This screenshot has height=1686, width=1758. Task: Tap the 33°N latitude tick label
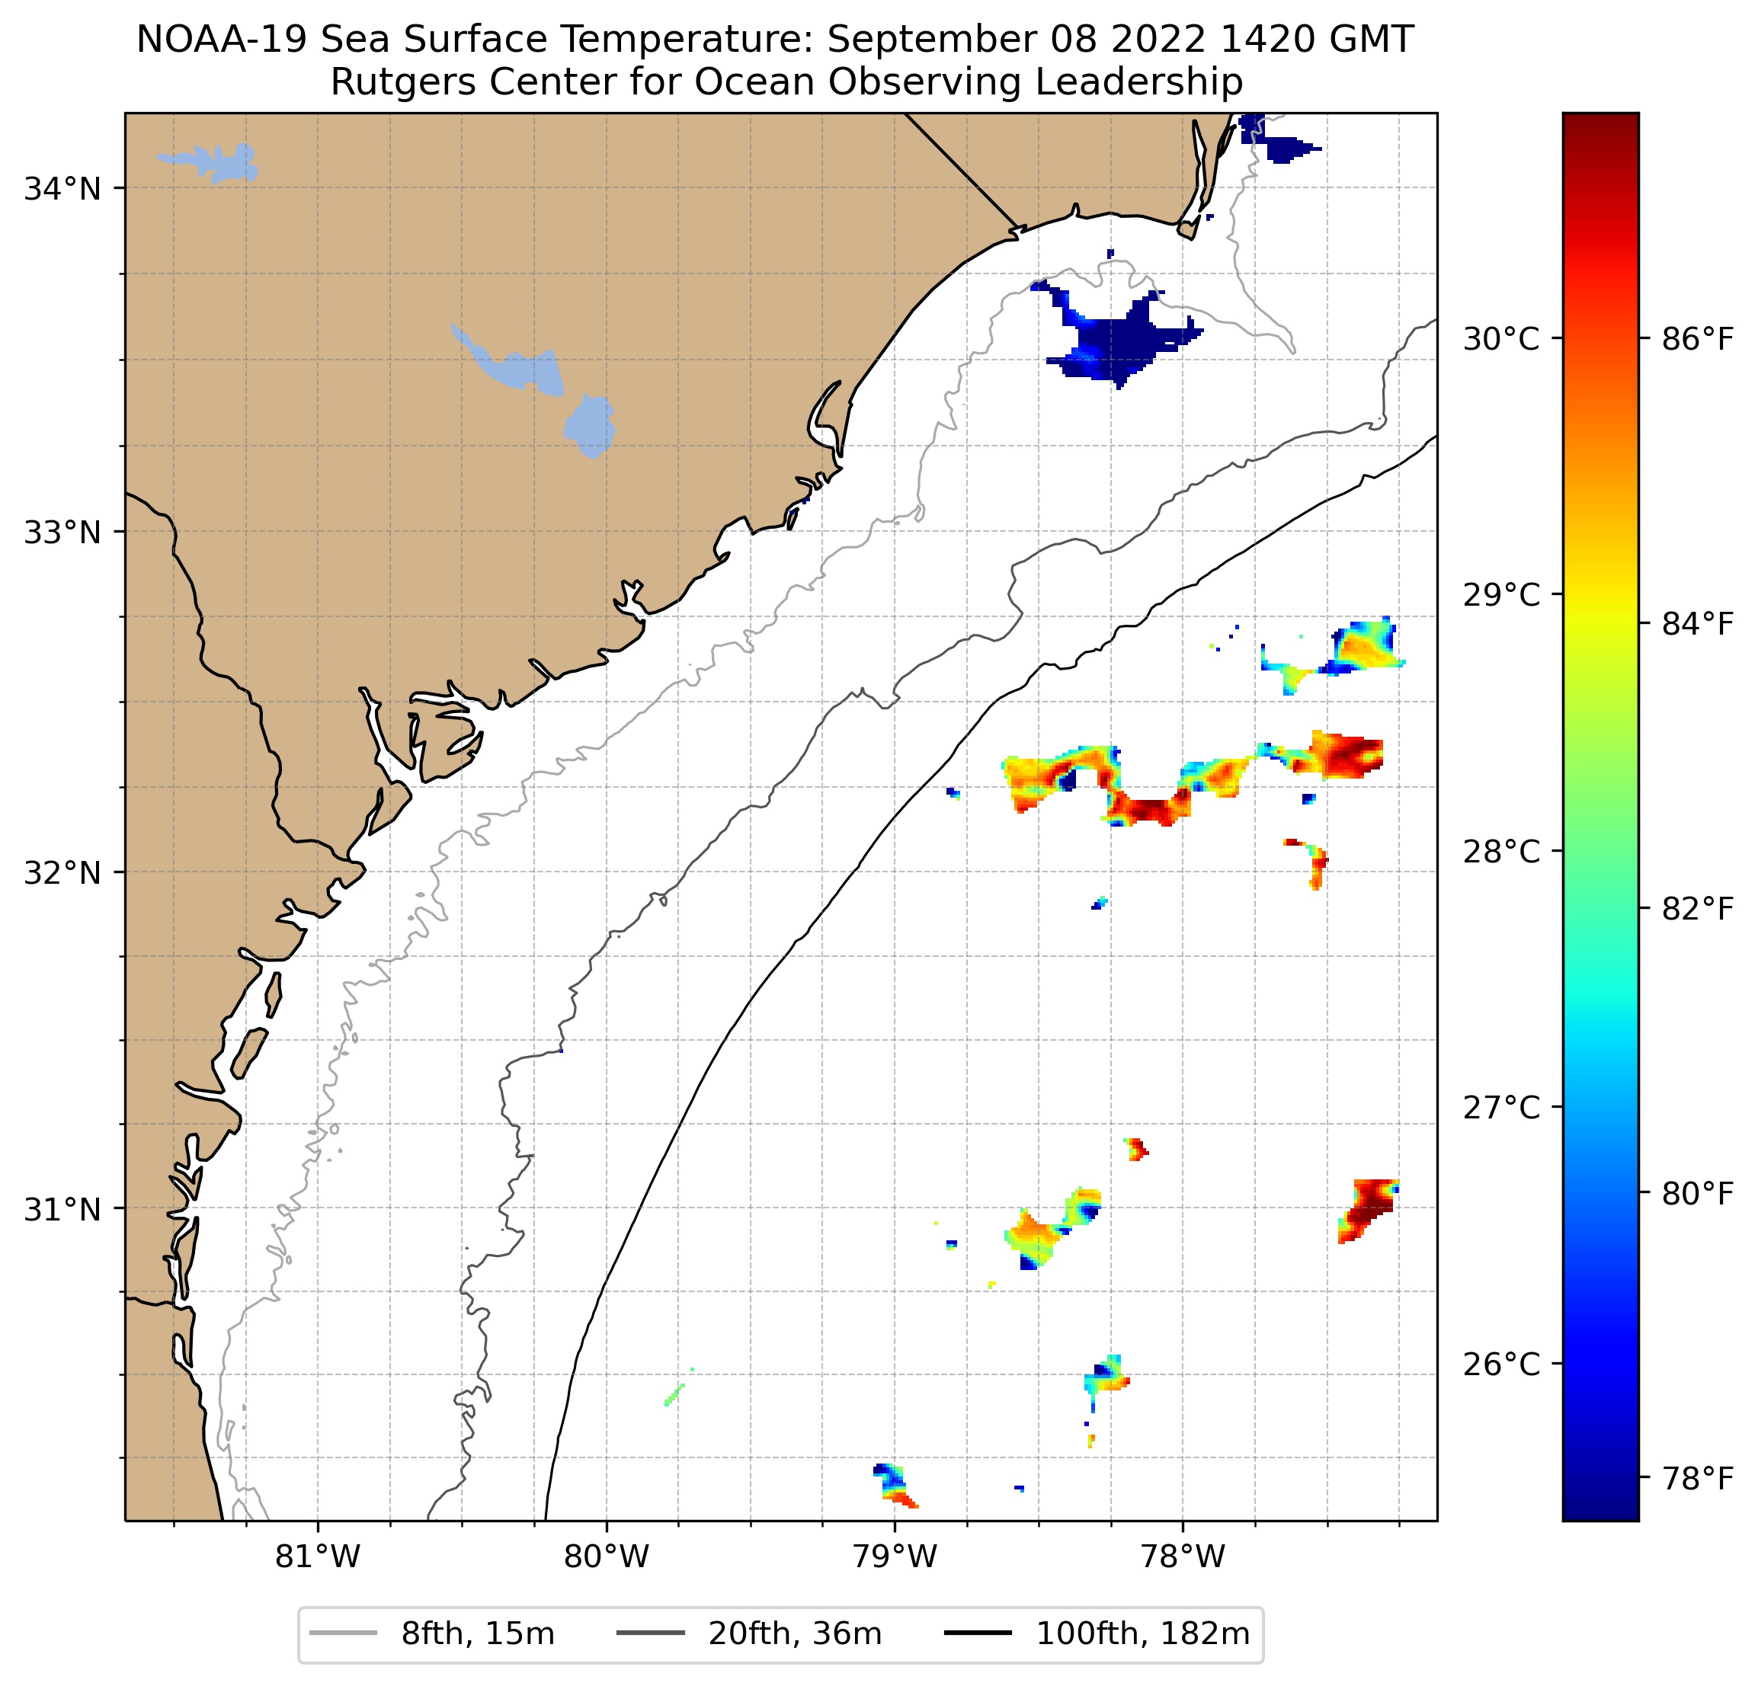pos(62,533)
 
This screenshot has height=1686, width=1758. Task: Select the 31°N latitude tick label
pos(62,1210)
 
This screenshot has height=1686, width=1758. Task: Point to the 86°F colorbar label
pos(1697,339)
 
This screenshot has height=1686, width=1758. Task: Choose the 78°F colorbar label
pos(1697,1478)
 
